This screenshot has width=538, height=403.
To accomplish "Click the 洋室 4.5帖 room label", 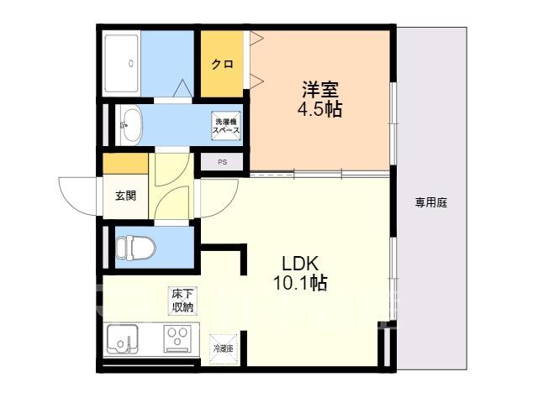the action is coord(319,99).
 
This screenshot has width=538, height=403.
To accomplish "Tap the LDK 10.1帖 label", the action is coord(300,274).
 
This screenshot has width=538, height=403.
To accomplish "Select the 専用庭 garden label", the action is coord(431,203).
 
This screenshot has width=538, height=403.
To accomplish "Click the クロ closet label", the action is coord(222,64).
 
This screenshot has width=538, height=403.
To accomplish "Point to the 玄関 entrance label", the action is coord(125,196).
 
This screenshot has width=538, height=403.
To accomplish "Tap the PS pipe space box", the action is coord(222,162).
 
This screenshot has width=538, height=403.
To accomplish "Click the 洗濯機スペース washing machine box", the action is coord(226,126).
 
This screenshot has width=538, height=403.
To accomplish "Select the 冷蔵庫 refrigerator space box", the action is coord(224,349).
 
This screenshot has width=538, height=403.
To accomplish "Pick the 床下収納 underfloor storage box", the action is coord(182,301).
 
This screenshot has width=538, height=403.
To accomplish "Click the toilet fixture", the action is coord(135,248).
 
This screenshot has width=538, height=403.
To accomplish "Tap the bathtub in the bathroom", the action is coord(121,64).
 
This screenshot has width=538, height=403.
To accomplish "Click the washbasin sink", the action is coord(131,125).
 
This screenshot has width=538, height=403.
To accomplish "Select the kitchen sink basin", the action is coord(122,339).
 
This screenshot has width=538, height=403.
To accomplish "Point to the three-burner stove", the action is coord(177,338).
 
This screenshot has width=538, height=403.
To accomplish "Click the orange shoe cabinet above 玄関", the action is coord(125,164).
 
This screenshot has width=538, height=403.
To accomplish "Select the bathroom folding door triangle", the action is coord(182,88).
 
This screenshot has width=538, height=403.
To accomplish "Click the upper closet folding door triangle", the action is coord(256,38).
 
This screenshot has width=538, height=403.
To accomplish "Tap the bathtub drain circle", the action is coord(131,64).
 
